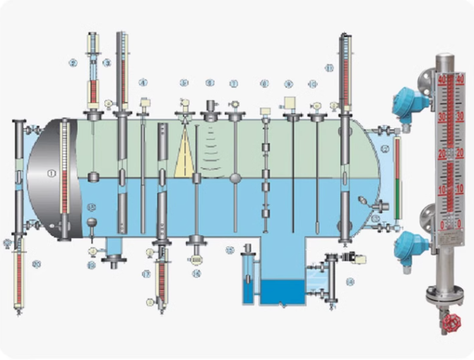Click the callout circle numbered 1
pos(51,172)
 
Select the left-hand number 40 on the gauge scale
pos(442,80)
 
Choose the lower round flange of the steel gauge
pos(428,215)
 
